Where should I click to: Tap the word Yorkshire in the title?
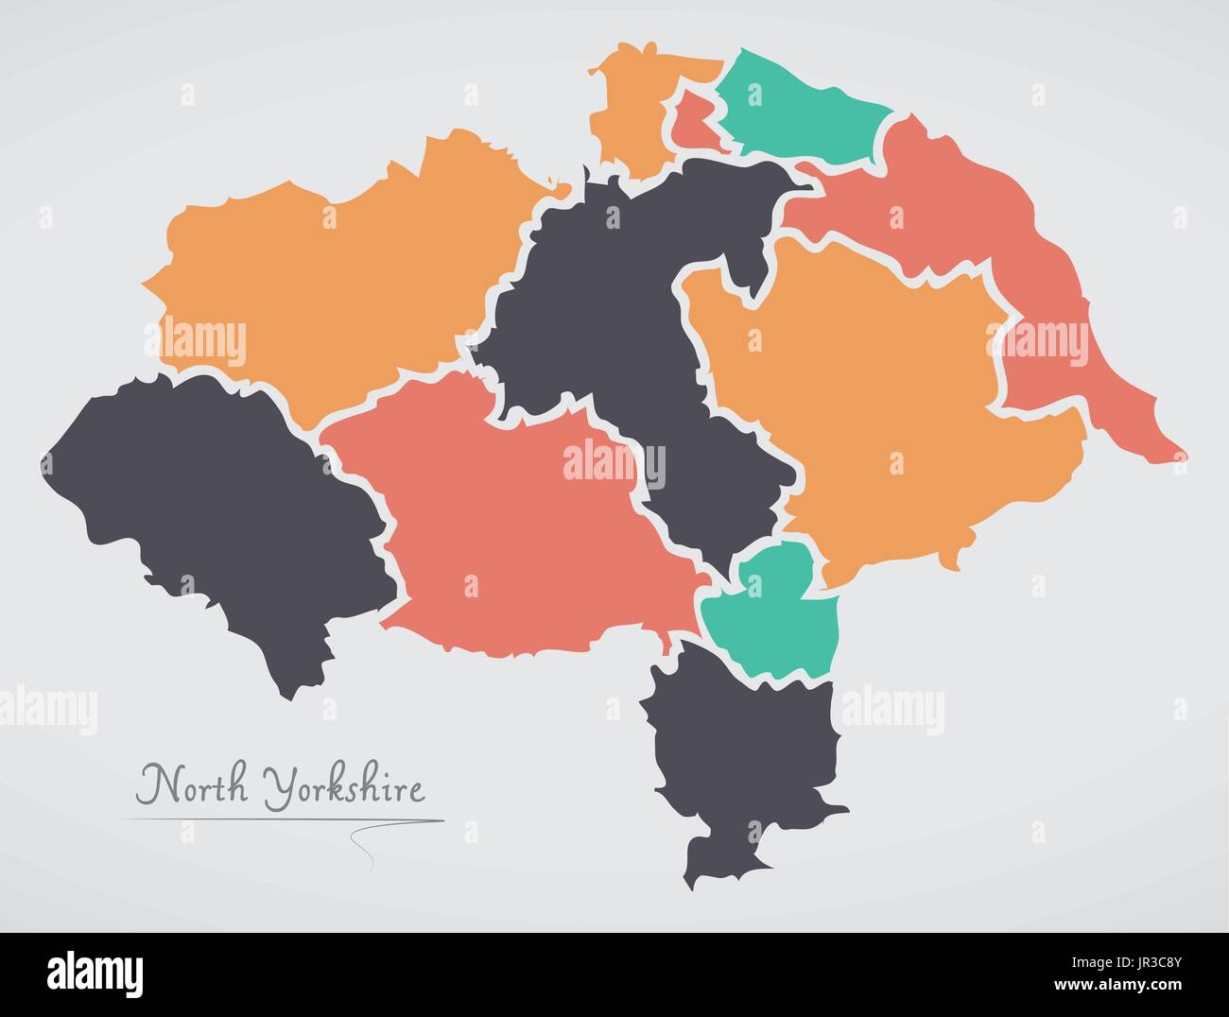click(x=344, y=786)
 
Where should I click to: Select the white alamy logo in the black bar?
click(x=95, y=973)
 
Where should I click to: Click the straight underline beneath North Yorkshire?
click(x=284, y=819)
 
